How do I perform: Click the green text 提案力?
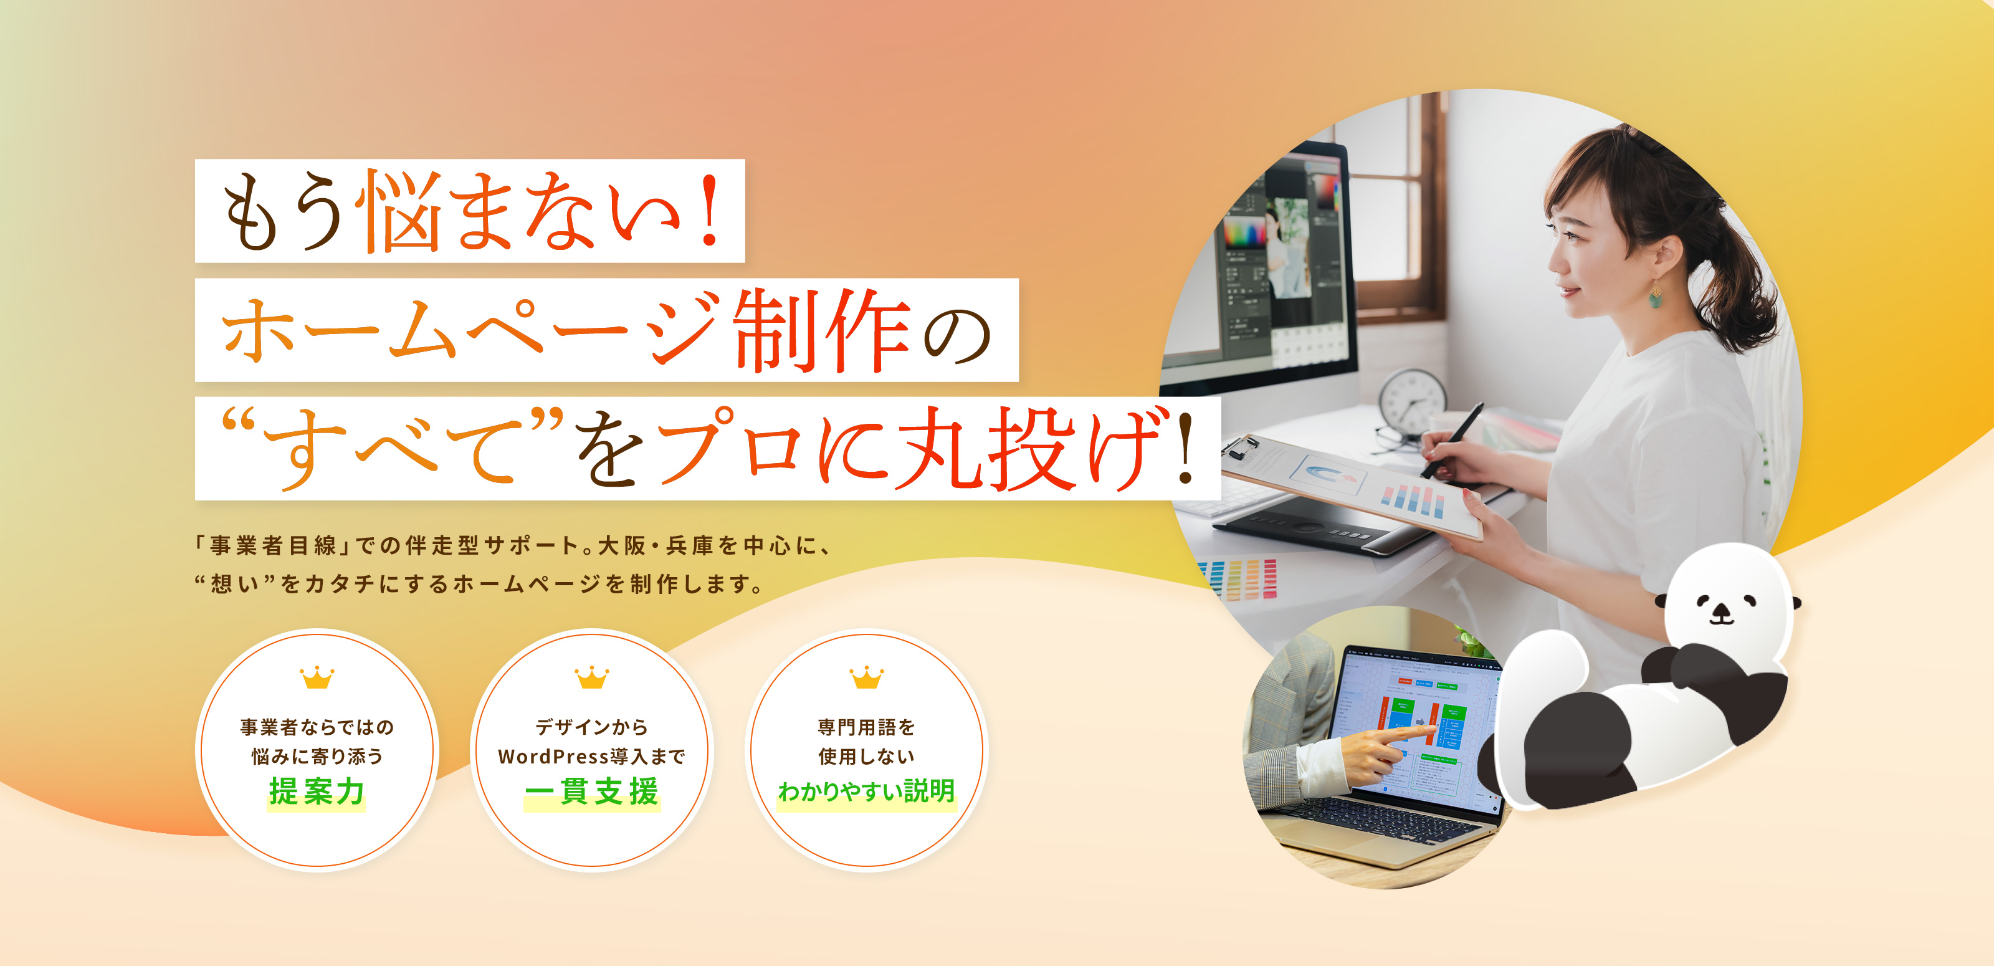(317, 791)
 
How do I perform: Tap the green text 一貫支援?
(591, 791)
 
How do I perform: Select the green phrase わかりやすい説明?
(866, 791)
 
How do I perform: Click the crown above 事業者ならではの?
(317, 677)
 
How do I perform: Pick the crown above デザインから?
(591, 677)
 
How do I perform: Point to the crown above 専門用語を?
(866, 677)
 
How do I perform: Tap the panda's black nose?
(1720, 611)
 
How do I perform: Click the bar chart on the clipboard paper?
(1413, 499)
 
